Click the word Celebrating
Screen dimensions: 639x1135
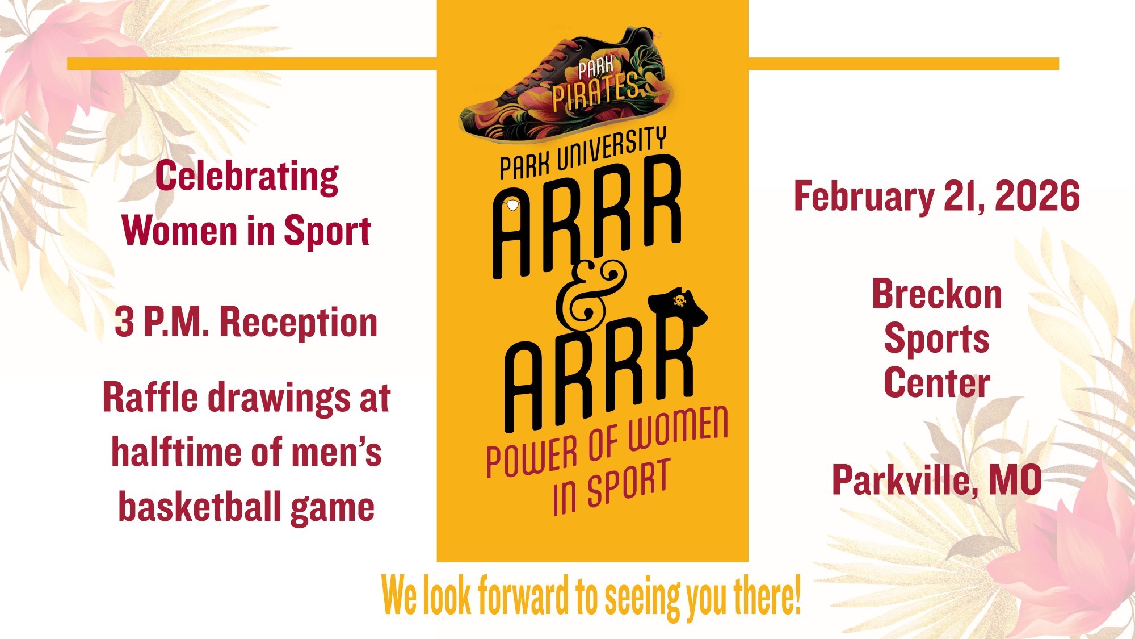(x=247, y=177)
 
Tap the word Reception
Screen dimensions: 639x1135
(x=299, y=322)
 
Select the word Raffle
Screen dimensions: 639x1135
(x=151, y=397)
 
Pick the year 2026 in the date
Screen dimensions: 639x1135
(x=1037, y=196)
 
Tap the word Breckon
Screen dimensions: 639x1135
(x=936, y=294)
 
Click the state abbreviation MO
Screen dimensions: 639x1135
(x=1015, y=481)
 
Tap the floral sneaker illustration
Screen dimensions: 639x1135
(x=567, y=85)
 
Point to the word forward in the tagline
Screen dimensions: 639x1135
(x=523, y=595)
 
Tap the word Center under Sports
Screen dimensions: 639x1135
(x=936, y=383)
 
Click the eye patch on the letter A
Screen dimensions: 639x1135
(x=512, y=204)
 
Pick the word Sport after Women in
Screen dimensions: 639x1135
(x=327, y=231)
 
